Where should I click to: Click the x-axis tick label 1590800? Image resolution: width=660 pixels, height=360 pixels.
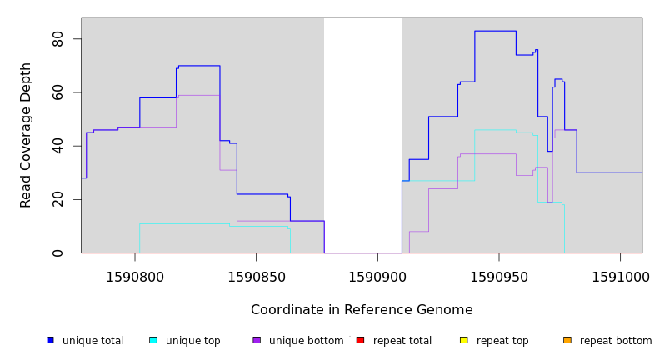coord(135,277)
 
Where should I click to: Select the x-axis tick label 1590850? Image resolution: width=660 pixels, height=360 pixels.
coord(256,277)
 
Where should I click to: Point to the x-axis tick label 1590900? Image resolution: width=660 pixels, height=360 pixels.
coord(377,277)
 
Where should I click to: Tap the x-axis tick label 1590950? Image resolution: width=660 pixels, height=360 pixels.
coord(498,277)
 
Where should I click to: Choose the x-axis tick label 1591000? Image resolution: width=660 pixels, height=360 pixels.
coord(620,277)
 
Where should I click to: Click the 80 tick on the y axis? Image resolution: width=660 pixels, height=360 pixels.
coord(57,39)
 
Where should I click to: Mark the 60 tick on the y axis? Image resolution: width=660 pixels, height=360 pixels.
coord(57,92)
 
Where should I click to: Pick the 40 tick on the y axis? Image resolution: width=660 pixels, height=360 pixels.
coord(57,146)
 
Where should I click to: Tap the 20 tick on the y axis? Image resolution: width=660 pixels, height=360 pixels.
coord(57,199)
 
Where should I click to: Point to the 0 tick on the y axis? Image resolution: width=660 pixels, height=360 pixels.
coord(57,252)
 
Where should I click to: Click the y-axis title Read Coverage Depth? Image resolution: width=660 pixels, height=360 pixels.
coord(27,135)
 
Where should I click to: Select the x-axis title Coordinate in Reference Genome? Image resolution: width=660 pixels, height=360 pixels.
coord(362,310)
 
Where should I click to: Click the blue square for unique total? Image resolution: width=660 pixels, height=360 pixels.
coord(51,340)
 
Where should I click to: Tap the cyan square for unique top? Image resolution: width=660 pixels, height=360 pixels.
coord(153,340)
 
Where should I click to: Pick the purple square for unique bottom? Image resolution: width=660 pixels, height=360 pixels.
coord(257,340)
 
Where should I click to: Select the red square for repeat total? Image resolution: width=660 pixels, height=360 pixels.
coord(360,340)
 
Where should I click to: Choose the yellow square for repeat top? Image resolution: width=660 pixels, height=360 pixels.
coord(464,340)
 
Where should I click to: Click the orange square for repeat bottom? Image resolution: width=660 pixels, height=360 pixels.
coord(567,340)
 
